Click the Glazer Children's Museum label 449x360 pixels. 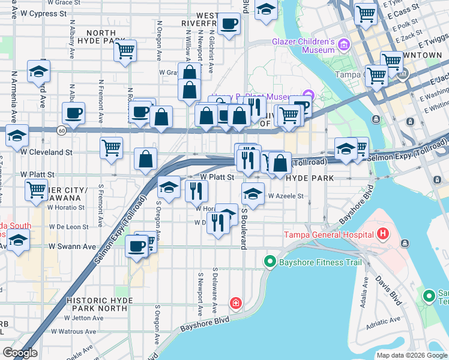(x=303, y=46)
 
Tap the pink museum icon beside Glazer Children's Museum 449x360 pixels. (x=343, y=44)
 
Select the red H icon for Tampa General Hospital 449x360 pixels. (x=383, y=233)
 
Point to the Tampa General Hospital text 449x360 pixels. (x=330, y=234)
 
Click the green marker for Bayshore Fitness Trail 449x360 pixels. (x=270, y=262)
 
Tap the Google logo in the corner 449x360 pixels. (x=19, y=353)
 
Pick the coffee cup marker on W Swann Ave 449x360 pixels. (x=137, y=245)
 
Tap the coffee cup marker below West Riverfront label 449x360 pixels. (x=229, y=25)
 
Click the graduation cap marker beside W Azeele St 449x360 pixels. (x=253, y=194)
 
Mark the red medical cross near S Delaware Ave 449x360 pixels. (x=236, y=303)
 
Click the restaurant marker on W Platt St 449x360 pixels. (x=196, y=191)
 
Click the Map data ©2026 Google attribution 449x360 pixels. (x=411, y=355)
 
